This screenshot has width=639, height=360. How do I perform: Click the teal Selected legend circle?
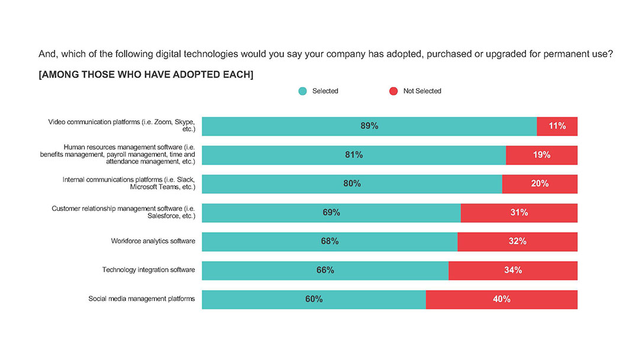point(303,91)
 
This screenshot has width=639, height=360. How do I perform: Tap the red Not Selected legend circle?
point(393,91)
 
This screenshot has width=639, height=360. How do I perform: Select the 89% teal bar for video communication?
point(369,126)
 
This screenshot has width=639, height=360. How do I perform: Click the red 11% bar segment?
point(557,126)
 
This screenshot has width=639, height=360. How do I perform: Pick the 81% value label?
point(354,155)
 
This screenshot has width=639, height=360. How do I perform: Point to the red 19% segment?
point(541,155)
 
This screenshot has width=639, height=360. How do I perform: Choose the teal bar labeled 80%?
point(351,184)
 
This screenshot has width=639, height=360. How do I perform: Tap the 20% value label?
point(540,184)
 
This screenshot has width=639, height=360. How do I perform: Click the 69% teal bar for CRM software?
point(331,213)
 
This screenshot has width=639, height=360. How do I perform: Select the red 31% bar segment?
point(519,213)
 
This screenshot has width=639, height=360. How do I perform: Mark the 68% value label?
point(330,242)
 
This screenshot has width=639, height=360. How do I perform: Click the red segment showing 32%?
point(517,242)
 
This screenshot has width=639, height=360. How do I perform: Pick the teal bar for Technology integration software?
point(325,271)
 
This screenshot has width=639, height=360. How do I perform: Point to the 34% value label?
point(513,270)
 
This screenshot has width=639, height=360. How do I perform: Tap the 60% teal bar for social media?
point(314,300)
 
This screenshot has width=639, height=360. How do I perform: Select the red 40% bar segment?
point(501,300)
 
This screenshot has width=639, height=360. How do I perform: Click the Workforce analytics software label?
point(153,241)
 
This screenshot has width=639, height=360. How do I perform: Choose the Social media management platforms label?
point(141,299)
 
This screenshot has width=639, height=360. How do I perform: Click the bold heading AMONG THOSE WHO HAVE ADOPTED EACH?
point(146,75)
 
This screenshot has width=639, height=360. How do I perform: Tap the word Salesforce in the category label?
point(164,217)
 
